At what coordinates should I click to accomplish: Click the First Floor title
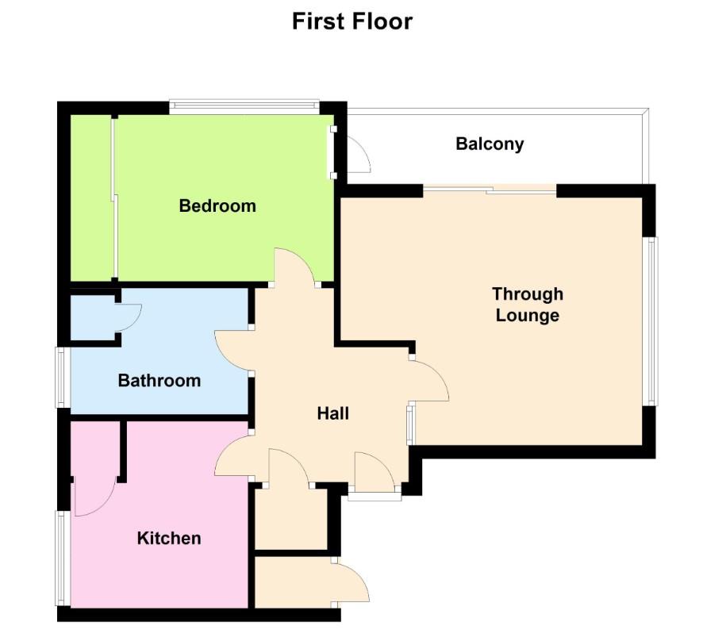pos(351,21)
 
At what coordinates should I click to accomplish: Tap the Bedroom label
pos(217,206)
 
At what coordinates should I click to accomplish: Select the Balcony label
pos(490,144)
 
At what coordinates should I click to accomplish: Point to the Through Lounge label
pos(528,305)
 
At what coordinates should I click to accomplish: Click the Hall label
pos(333,413)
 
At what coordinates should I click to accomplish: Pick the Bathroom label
pos(159,381)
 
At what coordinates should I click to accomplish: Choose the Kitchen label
pos(169,539)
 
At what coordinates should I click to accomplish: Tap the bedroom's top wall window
pos(244,106)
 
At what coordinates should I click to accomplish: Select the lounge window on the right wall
pos(651,321)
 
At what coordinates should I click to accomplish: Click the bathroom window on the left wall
pos(61,378)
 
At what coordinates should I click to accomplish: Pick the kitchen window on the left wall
pos(60,558)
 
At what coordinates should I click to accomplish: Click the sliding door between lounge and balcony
pos(489,189)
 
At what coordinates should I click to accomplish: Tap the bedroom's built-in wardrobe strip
pos(92,198)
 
